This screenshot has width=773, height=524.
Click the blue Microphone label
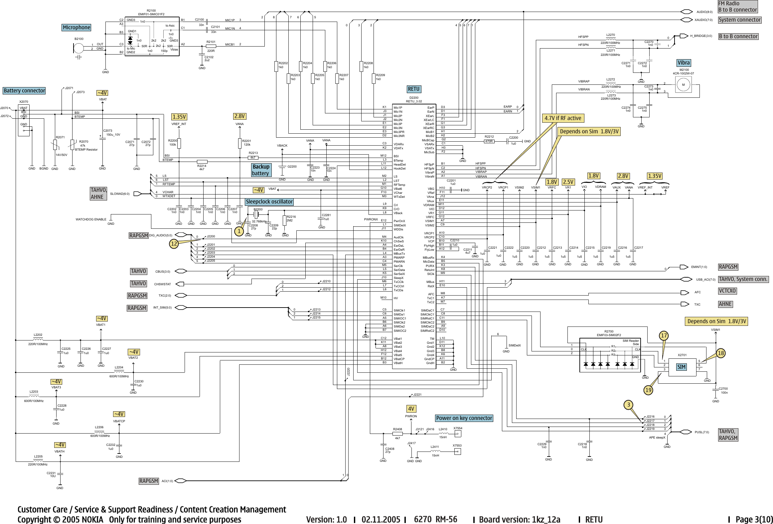(76, 28)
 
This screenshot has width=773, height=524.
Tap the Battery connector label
(24, 91)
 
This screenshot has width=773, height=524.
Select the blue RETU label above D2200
(413, 89)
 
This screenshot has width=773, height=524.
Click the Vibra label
(684, 63)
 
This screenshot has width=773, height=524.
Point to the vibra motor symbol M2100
(683, 85)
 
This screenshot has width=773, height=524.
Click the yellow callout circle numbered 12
(174, 244)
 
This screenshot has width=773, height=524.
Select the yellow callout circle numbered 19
(648, 390)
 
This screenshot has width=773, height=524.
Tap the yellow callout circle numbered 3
(628, 405)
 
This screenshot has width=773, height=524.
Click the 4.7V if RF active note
(563, 118)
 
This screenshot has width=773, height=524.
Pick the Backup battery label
(261, 170)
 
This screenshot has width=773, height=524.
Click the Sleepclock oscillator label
(269, 202)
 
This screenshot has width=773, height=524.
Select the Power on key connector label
(464, 418)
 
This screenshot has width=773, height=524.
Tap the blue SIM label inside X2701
(681, 367)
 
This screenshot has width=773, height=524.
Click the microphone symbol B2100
(78, 48)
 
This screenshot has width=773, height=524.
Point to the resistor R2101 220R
(211, 46)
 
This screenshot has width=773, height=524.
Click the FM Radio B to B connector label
(737, 7)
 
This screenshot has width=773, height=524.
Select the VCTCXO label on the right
(727, 291)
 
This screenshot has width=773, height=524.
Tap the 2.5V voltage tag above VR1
(568, 182)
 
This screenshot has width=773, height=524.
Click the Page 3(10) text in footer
(754, 519)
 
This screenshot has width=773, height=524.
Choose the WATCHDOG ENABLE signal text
(91, 219)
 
